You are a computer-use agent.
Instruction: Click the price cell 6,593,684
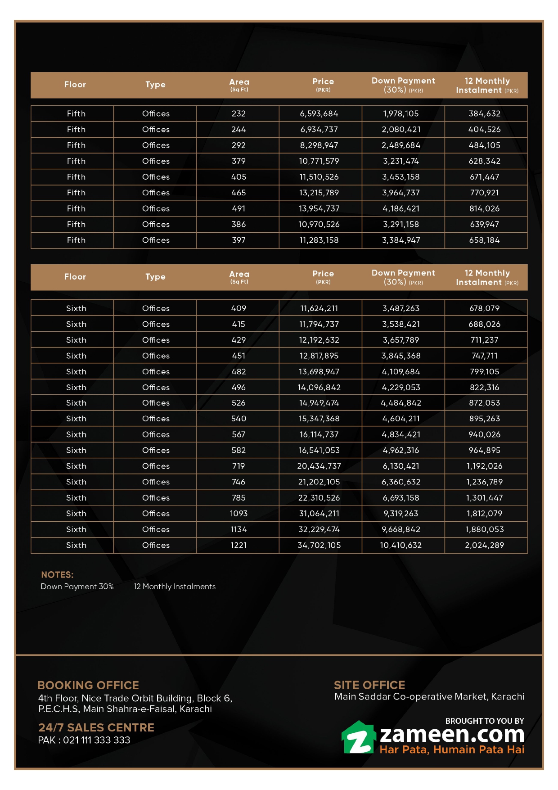(319, 114)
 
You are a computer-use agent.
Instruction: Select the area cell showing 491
(238, 209)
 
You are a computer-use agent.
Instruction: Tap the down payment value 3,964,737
(401, 193)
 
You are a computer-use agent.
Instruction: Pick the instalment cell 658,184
(484, 240)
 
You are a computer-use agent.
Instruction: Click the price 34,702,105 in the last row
(319, 546)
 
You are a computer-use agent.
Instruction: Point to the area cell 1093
(238, 514)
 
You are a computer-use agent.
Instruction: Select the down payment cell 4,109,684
(401, 372)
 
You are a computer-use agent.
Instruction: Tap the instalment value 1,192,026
(484, 466)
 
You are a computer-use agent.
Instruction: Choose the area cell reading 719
(238, 466)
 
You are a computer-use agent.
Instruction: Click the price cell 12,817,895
(319, 356)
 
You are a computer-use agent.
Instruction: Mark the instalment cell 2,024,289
(484, 546)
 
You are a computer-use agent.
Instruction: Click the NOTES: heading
(57, 575)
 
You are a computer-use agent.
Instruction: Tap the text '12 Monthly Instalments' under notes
(175, 587)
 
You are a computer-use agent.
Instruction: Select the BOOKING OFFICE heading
(88, 685)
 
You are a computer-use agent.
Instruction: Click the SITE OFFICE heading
(369, 685)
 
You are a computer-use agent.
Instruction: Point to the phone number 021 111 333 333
(96, 740)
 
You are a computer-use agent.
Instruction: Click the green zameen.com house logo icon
(358, 738)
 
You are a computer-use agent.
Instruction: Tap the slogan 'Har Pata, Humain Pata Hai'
(452, 750)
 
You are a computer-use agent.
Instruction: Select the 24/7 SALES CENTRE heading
(96, 727)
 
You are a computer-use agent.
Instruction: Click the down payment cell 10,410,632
(401, 546)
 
